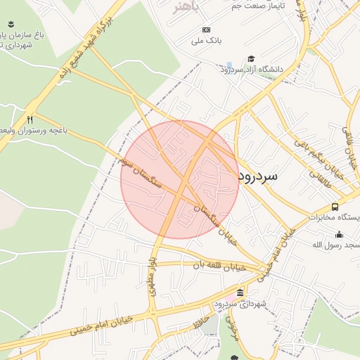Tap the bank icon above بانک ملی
click(x=206, y=30)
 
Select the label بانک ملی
click(x=207, y=41)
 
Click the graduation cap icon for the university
click(x=251, y=58)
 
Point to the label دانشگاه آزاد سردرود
click(x=251, y=70)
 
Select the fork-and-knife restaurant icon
click(x=30, y=120)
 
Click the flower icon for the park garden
click(x=12, y=25)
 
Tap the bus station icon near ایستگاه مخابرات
click(x=335, y=207)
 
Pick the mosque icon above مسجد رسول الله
click(x=339, y=234)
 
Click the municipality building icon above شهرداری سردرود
click(x=240, y=292)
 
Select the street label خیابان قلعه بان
click(x=221, y=266)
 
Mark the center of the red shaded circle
click(x=180, y=179)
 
